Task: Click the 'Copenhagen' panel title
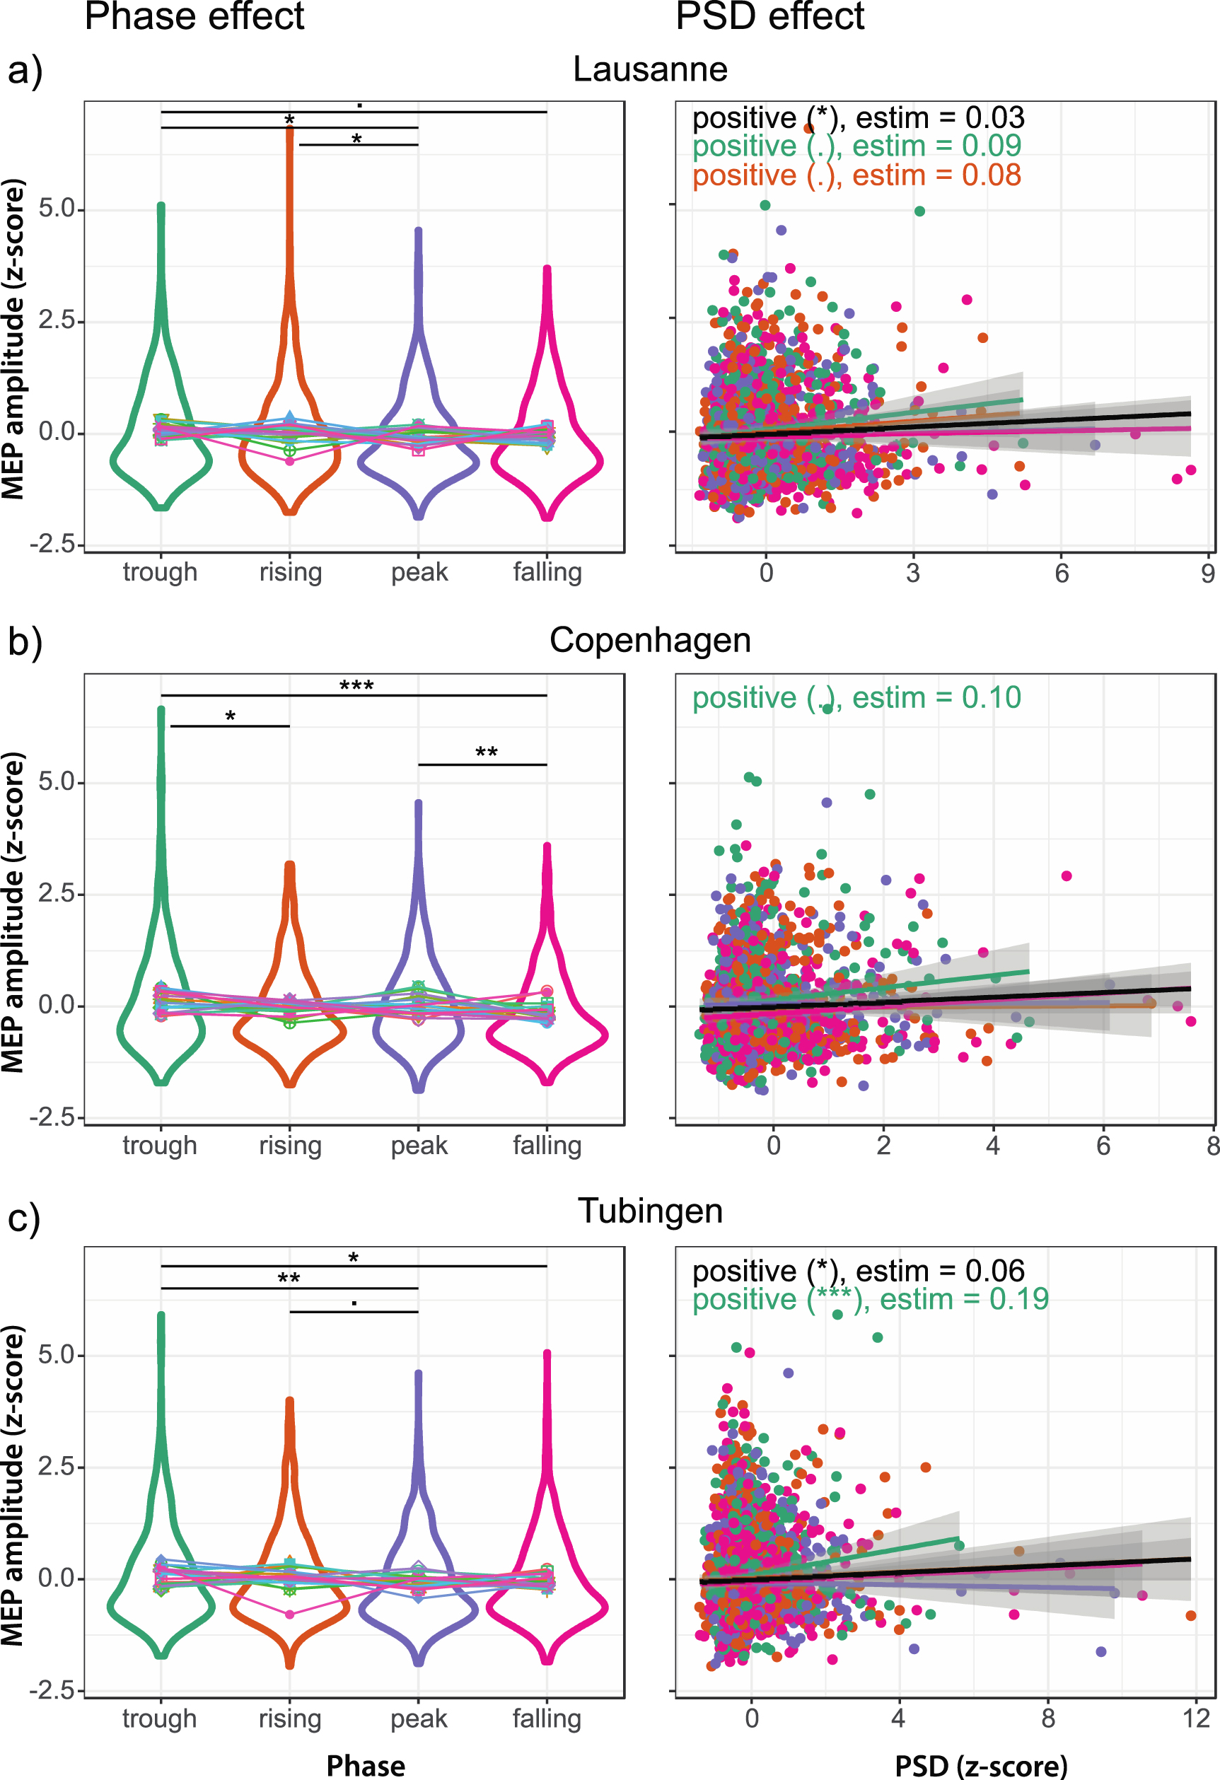(650, 640)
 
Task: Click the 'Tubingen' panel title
(650, 1211)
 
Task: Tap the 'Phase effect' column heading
(194, 17)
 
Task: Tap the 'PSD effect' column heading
(769, 17)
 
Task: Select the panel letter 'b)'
(25, 642)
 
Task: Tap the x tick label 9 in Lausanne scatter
(1208, 574)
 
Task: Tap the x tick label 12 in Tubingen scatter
(1195, 1718)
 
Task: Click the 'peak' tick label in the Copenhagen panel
(419, 1145)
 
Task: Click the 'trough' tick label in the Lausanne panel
(160, 572)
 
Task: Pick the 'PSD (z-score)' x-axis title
(980, 1765)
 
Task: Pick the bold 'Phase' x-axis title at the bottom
(366, 1765)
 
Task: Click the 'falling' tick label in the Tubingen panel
(547, 1718)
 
